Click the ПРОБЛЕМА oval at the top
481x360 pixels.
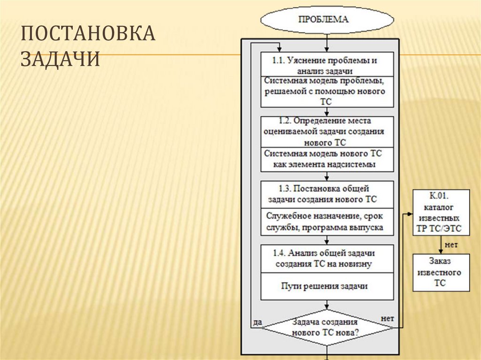(327, 20)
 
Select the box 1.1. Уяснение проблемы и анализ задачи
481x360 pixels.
(327, 65)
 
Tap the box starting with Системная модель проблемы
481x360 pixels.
(327, 92)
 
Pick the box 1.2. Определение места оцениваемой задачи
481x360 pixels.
(327, 131)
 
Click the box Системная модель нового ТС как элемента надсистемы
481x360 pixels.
(327, 159)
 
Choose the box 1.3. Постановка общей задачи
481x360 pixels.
(327, 194)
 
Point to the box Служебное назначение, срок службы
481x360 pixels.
(327, 222)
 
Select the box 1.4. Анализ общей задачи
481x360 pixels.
(327, 258)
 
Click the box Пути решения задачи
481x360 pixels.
(327, 286)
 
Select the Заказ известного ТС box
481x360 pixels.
(441, 272)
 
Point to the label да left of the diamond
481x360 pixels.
(257, 322)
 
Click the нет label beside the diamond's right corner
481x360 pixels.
(387, 318)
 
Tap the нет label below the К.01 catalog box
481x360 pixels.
(451, 245)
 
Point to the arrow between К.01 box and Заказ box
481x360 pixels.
(441, 245)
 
